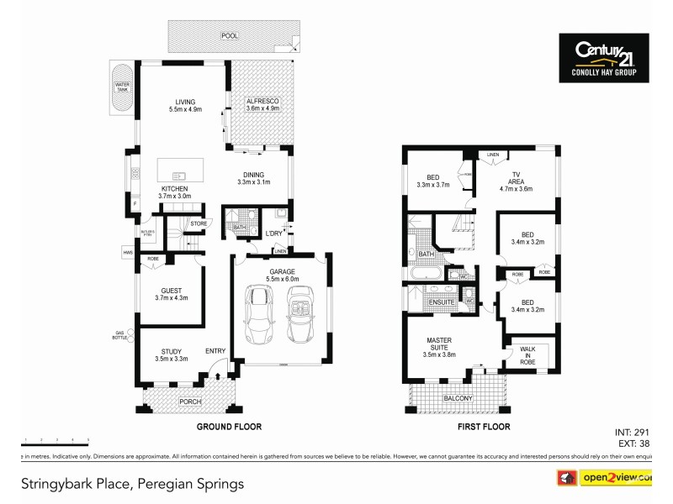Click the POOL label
tap(229, 36)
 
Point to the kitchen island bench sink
tap(179, 175)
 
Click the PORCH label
tap(191, 402)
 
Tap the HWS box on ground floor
tap(128, 252)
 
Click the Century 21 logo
tap(603, 58)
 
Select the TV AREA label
tap(516, 185)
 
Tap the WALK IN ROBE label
tap(528, 355)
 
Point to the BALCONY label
tap(458, 398)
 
